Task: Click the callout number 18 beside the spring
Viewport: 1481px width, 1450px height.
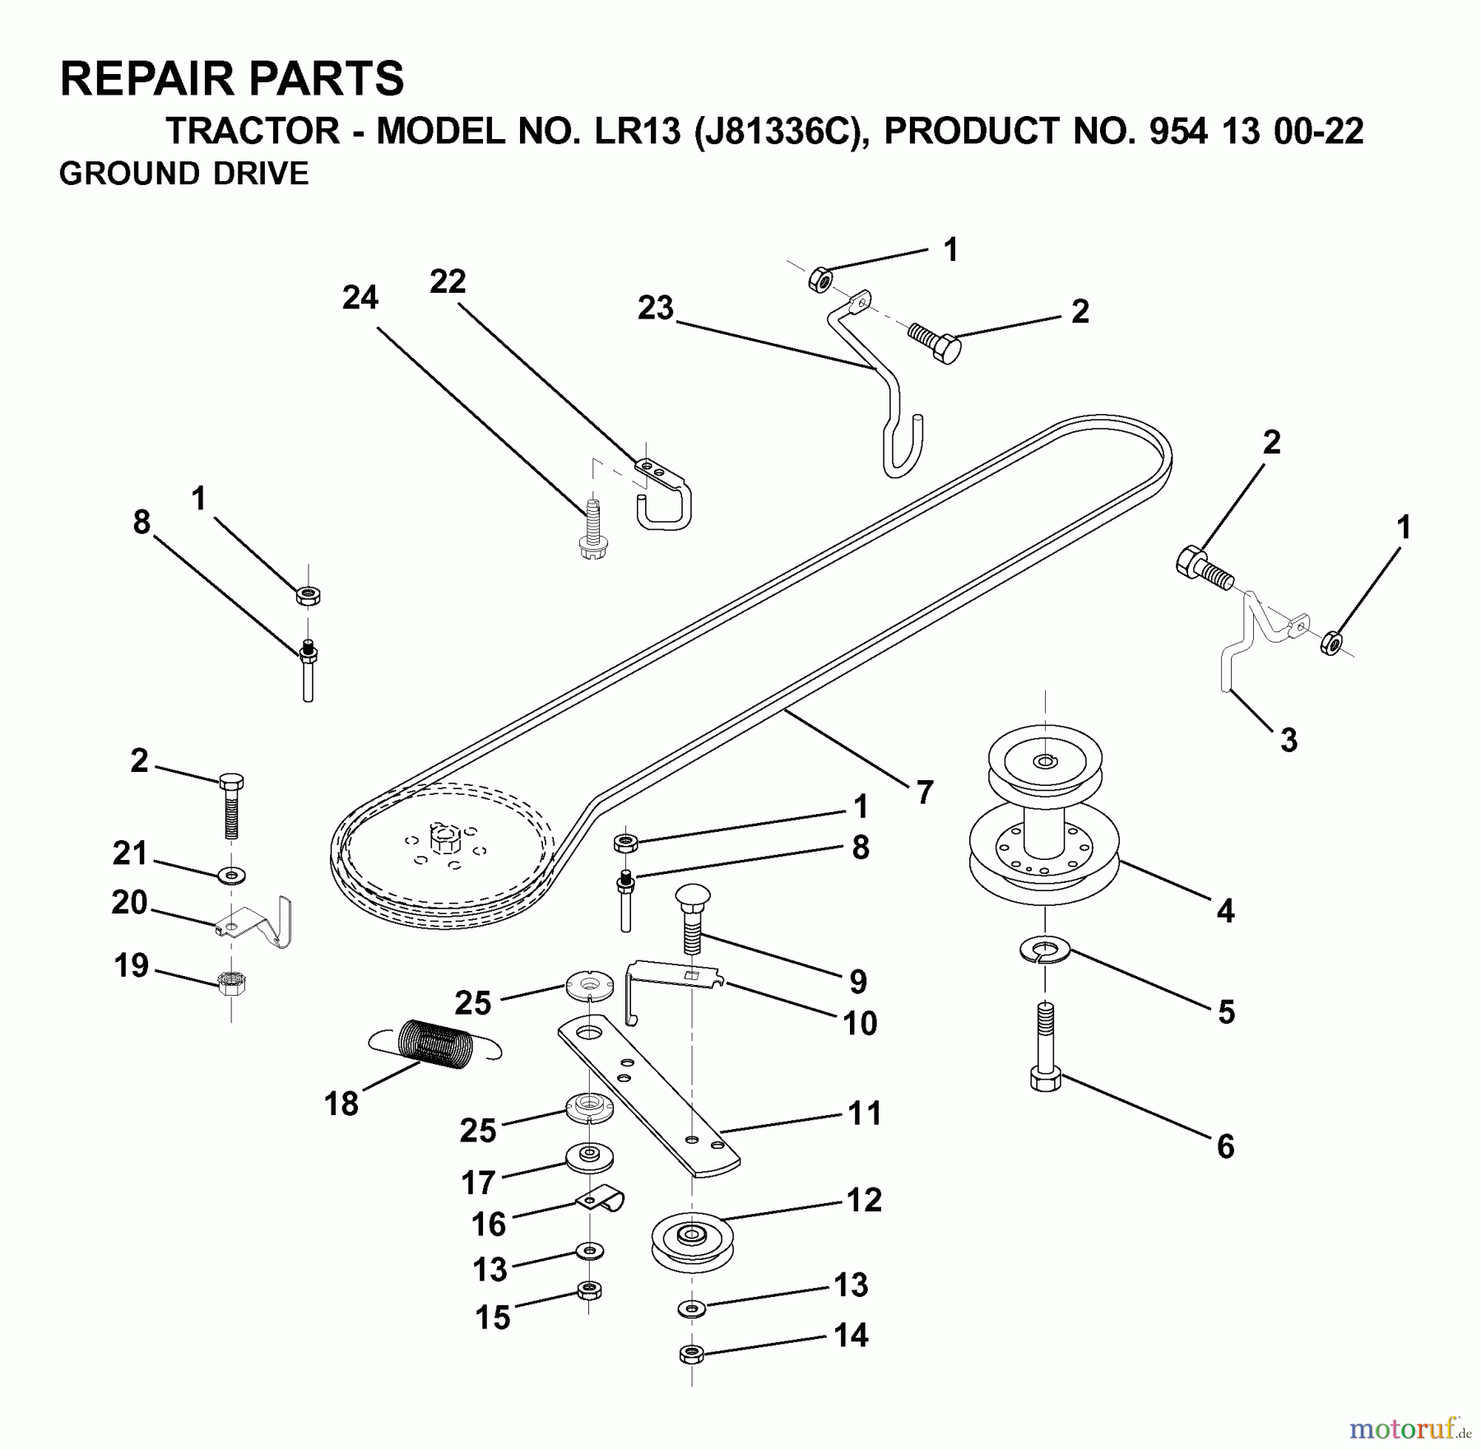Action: tap(341, 1104)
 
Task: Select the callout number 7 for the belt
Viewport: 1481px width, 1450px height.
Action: tap(925, 792)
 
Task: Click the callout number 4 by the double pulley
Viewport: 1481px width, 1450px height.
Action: tap(1225, 911)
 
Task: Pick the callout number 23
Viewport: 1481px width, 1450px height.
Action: tap(656, 309)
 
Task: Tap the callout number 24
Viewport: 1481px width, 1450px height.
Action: tap(360, 298)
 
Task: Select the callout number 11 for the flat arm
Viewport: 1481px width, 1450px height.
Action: tap(864, 1113)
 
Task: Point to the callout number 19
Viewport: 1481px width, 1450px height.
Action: tap(132, 965)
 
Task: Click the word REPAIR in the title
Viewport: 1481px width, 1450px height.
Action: tap(147, 79)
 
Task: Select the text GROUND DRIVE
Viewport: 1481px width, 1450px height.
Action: tap(183, 174)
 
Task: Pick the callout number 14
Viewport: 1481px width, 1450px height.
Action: tap(851, 1335)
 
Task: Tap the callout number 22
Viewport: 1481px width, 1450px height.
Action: tap(448, 282)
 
